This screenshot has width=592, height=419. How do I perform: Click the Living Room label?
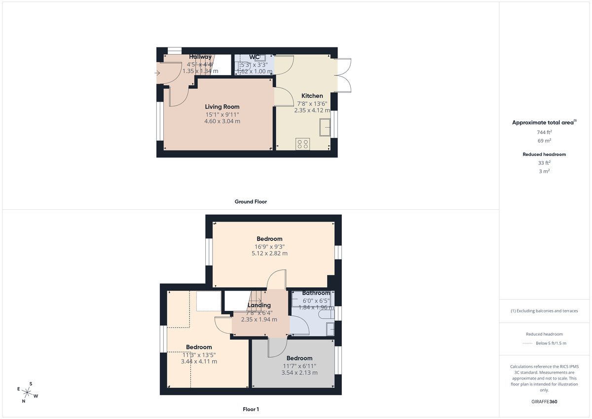pos(222,107)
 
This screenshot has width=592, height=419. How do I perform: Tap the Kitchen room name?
pos(312,96)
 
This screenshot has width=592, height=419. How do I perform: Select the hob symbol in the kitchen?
pos(302,144)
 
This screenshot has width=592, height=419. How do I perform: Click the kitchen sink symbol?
pos(325,129)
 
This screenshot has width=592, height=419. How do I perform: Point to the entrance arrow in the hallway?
pos(157,73)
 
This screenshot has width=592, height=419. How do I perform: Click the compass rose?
pos(28,392)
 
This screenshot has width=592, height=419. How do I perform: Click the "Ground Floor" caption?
pos(251,201)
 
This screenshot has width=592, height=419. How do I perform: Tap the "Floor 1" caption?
pos(251,409)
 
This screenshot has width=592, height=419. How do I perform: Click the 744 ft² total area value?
pos(544,132)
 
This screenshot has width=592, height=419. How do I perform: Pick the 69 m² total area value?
pos(544,140)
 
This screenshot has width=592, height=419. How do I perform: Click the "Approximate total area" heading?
pos(544,122)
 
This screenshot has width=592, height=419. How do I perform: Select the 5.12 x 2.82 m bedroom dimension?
pos(269,253)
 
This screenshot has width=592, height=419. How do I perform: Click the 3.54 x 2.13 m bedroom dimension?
pos(299,373)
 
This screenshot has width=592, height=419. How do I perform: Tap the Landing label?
pos(259,305)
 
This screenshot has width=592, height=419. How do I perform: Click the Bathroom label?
pos(316,293)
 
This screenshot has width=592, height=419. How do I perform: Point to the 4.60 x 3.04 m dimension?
pos(222,121)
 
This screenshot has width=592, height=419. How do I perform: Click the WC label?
pos(255,57)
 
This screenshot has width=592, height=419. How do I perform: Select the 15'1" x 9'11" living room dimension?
pos(222,114)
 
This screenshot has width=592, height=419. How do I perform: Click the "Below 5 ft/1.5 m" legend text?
pos(552,343)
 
